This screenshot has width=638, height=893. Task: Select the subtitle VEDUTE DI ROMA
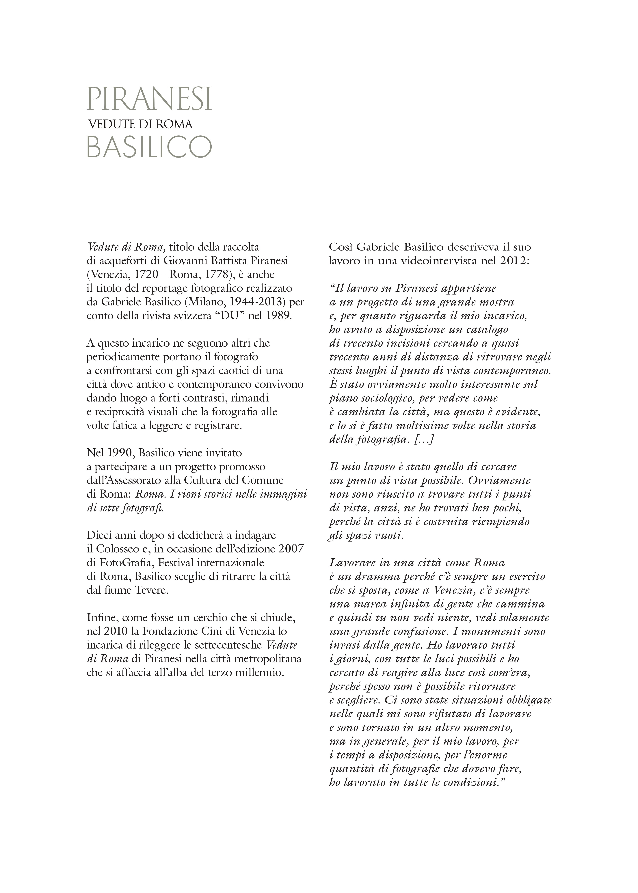(x=141, y=124)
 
